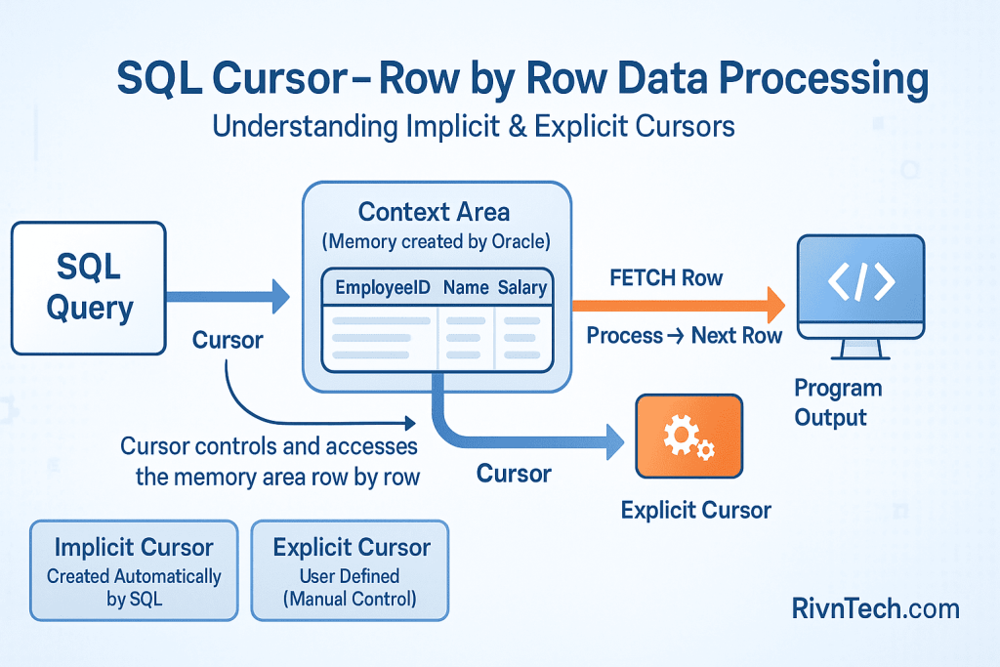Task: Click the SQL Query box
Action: tap(89, 287)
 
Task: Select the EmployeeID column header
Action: tap(380, 288)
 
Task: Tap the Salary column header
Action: tap(522, 288)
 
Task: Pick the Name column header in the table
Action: tap(465, 288)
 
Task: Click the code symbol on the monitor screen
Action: tap(860, 282)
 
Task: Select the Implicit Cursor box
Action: tap(134, 570)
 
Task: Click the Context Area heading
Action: tap(434, 212)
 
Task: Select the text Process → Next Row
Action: tap(684, 336)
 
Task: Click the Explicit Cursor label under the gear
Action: tap(696, 510)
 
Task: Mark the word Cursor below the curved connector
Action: tap(514, 475)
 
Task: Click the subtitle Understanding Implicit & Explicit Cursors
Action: tap(473, 128)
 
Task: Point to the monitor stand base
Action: tap(859, 354)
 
